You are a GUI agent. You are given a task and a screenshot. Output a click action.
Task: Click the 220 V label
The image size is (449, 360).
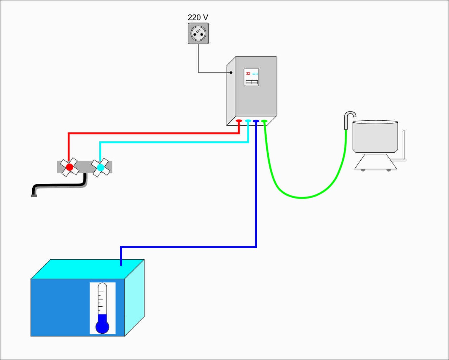pos(198,18)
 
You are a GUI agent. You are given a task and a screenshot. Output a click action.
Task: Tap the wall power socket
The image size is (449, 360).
pos(199,34)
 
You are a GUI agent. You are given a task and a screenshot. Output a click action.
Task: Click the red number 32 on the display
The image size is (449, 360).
pos(248,74)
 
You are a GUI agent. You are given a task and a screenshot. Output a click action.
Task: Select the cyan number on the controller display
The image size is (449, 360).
pos(255,74)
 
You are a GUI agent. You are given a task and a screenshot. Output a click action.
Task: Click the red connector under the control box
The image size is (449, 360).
pos(239,121)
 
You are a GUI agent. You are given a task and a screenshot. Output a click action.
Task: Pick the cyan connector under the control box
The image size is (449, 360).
pos(248,121)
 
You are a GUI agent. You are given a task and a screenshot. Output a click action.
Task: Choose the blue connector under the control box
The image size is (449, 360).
pos(256,121)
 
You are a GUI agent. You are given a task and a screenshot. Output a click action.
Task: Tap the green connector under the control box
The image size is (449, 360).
pos(264,121)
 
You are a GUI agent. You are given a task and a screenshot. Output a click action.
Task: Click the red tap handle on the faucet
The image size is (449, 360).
pos(69,167)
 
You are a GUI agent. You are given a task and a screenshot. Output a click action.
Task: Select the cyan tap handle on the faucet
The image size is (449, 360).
pos(101,167)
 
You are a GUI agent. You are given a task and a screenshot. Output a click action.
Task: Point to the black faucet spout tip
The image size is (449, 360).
pos(34,195)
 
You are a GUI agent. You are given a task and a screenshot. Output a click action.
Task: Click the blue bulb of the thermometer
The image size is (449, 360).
pos(102,326)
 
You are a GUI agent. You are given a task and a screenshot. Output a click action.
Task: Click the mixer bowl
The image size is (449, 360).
pos(375,137)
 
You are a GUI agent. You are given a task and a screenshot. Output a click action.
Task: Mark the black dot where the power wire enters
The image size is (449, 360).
pos(231,73)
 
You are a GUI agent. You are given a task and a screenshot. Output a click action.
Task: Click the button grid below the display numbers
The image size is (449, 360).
pos(252,82)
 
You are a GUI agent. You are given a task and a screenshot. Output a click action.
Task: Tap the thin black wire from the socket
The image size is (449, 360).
pos(199,60)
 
